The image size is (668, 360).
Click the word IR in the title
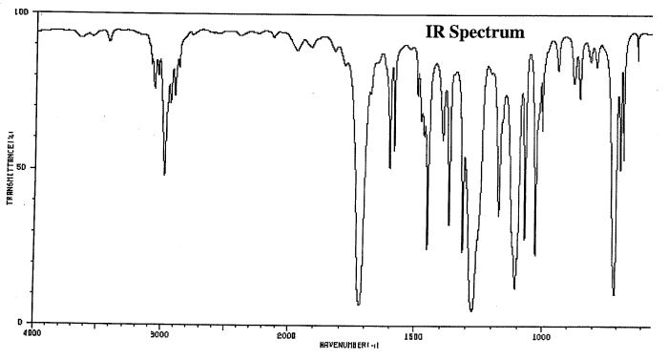coord(435,32)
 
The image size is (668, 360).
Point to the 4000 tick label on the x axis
coord(32,333)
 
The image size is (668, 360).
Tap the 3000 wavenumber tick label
coord(159,333)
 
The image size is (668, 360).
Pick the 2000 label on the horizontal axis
coord(286,333)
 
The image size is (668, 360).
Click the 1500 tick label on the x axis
coord(412,333)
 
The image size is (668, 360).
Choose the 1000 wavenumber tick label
coord(540,333)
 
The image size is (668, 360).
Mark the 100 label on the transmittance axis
coord(22,11)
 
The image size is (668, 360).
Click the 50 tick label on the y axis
coord(24,167)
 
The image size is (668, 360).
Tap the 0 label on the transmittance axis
coord(27,322)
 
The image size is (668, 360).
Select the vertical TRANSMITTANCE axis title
coord(10,167)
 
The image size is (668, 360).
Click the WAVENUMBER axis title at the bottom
coord(347,342)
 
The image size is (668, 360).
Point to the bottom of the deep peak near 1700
coord(358,304)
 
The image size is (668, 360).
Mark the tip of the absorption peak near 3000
coord(164,175)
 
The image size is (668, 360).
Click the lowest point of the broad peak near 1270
coord(471,310)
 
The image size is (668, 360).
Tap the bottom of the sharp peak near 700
coord(613,295)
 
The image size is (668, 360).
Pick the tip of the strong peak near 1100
coord(514,288)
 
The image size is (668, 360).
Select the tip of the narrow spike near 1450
coord(427,249)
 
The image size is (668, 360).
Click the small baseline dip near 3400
coord(111,40)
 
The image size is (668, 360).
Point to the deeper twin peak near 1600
coord(389,168)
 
